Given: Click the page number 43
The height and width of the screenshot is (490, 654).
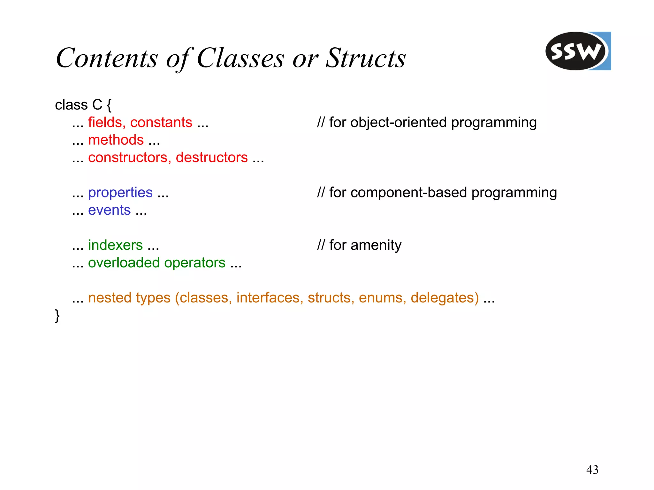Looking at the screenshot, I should [x=592, y=470].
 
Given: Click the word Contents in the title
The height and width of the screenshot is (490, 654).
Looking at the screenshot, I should [x=107, y=58].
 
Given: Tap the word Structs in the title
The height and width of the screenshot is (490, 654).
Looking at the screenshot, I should [x=365, y=58].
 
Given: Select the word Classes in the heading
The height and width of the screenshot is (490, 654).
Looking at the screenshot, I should [x=240, y=58].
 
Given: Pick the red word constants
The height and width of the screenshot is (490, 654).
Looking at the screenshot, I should [x=161, y=122].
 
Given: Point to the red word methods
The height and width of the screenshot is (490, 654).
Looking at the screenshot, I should [x=116, y=140].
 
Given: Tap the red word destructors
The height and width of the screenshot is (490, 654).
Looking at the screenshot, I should [x=211, y=157].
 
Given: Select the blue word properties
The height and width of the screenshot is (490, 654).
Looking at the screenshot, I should [x=120, y=193].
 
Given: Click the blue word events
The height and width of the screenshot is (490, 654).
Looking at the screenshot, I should [x=109, y=210].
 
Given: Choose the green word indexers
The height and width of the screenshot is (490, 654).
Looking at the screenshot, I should [x=115, y=245].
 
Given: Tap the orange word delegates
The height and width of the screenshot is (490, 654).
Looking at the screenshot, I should [x=445, y=298].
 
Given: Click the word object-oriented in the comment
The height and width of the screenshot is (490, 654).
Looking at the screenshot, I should [x=398, y=122].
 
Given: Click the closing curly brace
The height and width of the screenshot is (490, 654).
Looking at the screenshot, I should [x=57, y=316].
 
